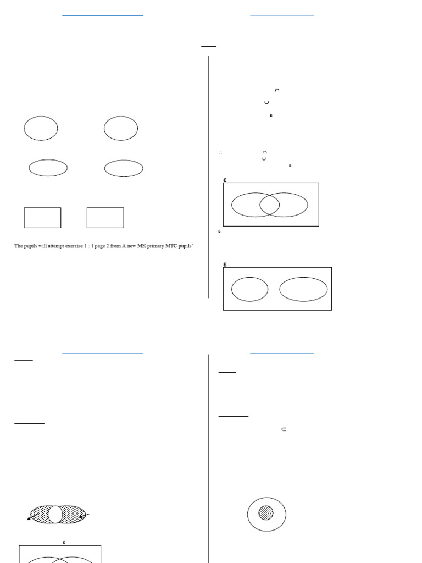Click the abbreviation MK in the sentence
[x=135, y=246]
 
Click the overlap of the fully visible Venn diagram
[x=269, y=205]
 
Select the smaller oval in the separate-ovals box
[x=249, y=290]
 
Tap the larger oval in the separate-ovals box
[x=303, y=289]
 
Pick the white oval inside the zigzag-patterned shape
[x=55, y=514]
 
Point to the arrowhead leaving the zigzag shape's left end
[x=30, y=518]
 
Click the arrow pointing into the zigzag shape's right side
[x=82, y=516]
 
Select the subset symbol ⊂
[x=284, y=429]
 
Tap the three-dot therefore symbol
[x=220, y=152]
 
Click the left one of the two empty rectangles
[x=42, y=218]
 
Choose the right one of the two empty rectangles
[x=105, y=218]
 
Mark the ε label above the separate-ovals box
[x=225, y=264]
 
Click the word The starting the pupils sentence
[x=18, y=246]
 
